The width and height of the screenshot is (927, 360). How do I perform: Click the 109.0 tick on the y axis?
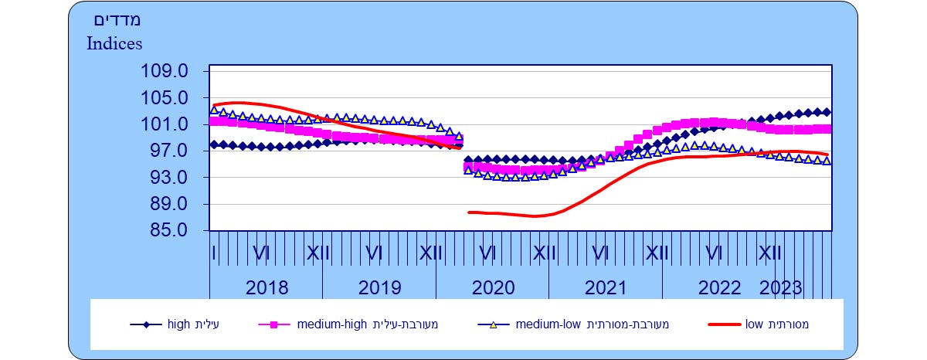(x=165, y=72)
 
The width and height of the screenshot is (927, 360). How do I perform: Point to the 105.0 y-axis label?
(x=165, y=99)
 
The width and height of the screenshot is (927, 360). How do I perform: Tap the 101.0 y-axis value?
(x=165, y=125)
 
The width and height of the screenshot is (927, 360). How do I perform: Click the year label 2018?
(x=267, y=288)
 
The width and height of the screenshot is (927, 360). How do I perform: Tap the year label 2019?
(x=379, y=288)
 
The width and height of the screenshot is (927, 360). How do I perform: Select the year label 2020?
(x=493, y=288)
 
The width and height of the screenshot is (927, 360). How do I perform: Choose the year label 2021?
(x=606, y=288)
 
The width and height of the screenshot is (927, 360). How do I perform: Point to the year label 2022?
(x=719, y=288)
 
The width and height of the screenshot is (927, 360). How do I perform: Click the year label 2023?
(x=781, y=288)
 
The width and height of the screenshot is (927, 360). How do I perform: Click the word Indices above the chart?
(x=114, y=43)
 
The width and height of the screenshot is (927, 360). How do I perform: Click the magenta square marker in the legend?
(x=273, y=324)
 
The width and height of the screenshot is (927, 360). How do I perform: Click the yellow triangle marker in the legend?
(x=493, y=324)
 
